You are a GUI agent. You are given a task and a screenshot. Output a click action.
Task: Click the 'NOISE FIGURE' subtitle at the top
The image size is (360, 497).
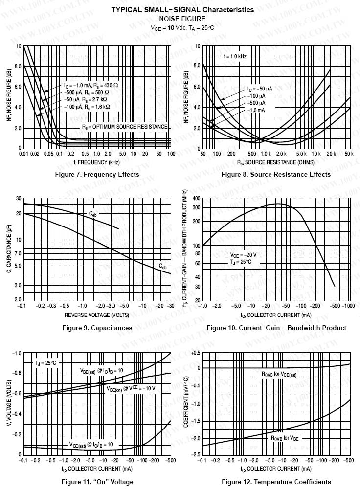pyautogui.click(x=182, y=19)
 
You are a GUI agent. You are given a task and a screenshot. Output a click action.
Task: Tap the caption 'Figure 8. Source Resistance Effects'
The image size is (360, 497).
pyautogui.click(x=276, y=174)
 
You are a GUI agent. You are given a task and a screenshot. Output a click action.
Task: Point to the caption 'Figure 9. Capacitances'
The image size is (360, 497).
pyautogui.click(x=97, y=328)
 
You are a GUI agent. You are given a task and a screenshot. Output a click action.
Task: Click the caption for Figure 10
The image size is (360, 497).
pyautogui.click(x=276, y=328)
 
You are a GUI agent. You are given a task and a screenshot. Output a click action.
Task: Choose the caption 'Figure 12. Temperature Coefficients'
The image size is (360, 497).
pyautogui.click(x=276, y=482)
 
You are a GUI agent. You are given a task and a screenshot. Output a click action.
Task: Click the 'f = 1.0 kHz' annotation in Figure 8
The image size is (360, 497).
pyautogui.click(x=235, y=57)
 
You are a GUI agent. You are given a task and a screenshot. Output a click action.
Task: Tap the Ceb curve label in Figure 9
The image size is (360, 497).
pyautogui.click(x=93, y=213)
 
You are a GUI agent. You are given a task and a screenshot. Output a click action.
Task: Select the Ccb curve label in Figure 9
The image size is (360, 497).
pyautogui.click(x=162, y=266)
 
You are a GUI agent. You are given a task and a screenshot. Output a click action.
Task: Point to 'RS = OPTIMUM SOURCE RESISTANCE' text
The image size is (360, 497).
pyautogui.click(x=125, y=126)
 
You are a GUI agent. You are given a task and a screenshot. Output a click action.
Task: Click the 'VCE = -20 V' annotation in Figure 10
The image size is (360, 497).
pyautogui.click(x=243, y=255)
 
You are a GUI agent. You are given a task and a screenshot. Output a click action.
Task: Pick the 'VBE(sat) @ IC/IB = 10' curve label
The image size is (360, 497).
pyautogui.click(x=101, y=370)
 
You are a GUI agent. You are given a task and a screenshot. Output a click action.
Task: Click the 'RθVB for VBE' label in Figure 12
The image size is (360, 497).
pyautogui.click(x=285, y=439)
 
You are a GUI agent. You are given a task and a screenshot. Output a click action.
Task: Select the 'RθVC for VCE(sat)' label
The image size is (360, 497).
pyautogui.click(x=279, y=374)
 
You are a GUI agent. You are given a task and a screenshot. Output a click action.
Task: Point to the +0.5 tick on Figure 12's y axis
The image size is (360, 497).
pyautogui.click(x=195, y=353)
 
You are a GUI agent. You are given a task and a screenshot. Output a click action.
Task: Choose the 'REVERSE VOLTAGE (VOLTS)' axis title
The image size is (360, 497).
pyautogui.click(x=97, y=314)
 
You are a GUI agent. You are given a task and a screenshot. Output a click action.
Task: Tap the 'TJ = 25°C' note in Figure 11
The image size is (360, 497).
pyautogui.click(x=45, y=363)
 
